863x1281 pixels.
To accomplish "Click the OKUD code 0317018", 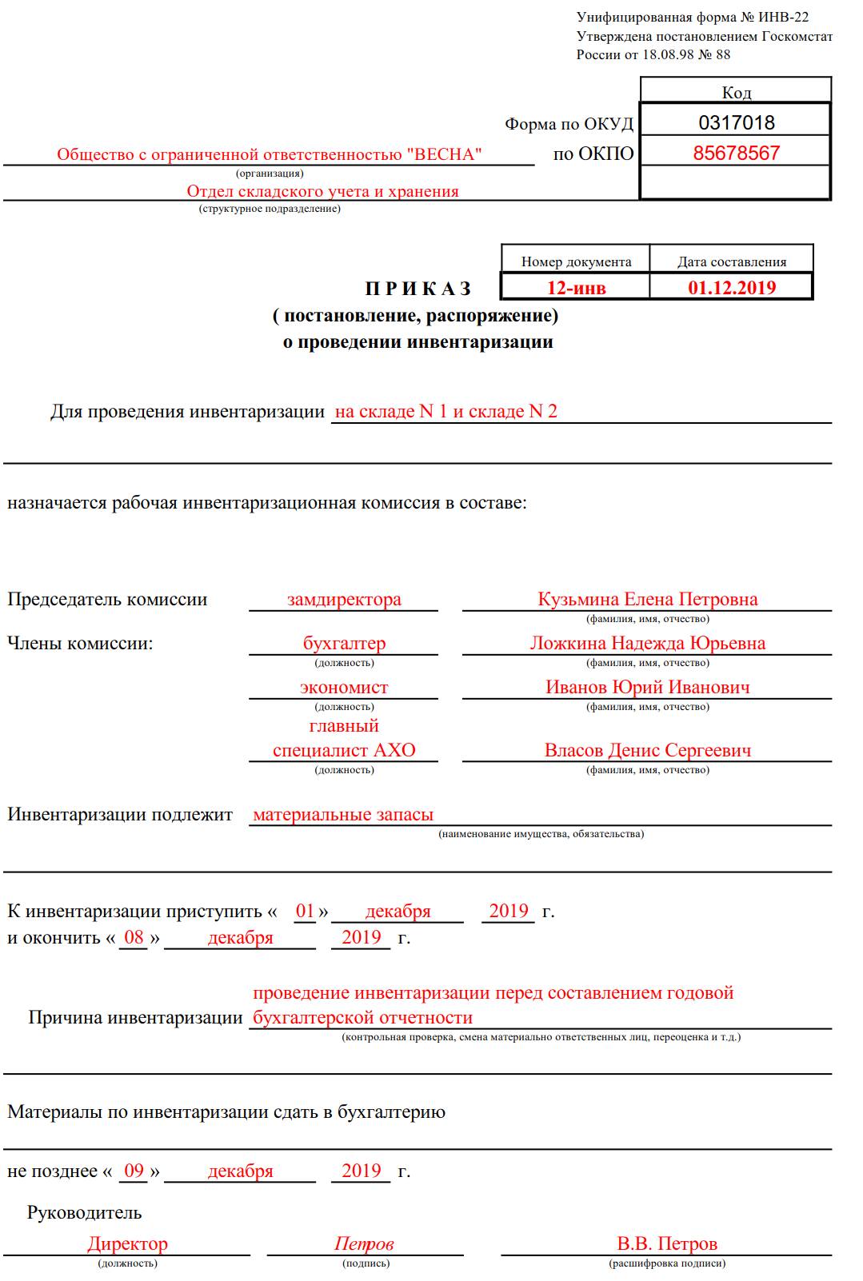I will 736,122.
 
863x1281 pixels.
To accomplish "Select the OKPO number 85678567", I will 736,153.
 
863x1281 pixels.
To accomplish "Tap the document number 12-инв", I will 576,288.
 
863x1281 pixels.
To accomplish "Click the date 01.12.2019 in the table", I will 732,288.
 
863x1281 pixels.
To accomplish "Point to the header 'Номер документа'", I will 576,261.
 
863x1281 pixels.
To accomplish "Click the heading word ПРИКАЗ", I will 418,289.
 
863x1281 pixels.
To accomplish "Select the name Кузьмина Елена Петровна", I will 647,599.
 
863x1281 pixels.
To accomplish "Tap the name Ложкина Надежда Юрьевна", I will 647,643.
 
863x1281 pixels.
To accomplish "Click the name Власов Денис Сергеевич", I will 647,750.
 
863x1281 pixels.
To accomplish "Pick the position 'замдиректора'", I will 344,599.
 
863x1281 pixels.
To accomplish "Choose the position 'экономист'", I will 344,687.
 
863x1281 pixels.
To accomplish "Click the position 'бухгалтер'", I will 344,643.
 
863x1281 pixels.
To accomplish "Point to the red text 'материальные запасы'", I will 343,814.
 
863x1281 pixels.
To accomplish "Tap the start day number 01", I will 305,911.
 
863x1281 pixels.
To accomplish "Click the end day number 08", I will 134,937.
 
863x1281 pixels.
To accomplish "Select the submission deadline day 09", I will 134,1171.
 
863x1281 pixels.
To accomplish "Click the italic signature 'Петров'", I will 364,1243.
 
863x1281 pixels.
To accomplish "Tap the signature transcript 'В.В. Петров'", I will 667,1243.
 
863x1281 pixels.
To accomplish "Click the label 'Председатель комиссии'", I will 107,599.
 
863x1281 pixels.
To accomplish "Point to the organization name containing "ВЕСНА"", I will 270,154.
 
